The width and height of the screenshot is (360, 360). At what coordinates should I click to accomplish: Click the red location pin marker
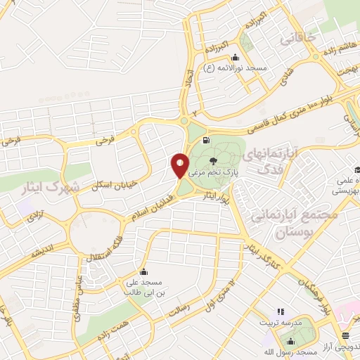coord(180,165)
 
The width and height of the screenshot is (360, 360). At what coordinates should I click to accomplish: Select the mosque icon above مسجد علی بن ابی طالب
coord(143,271)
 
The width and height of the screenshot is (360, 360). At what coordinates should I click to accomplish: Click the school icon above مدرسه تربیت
coord(281,311)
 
